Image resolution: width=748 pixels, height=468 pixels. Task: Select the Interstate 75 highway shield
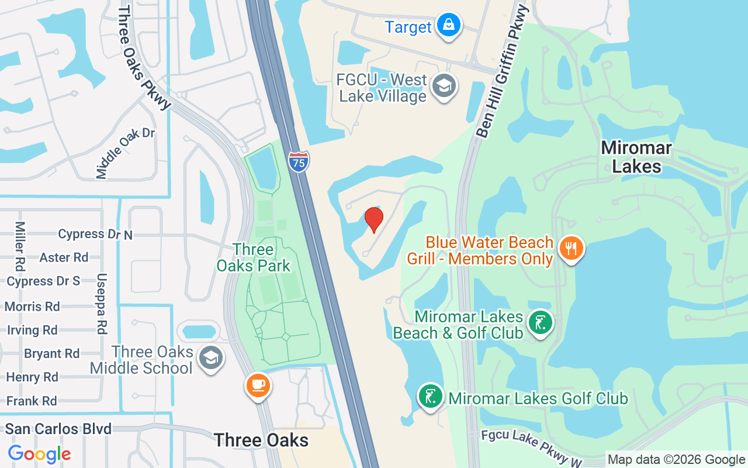[x=299, y=161]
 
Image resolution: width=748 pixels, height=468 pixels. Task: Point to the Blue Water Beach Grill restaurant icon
[x=571, y=249]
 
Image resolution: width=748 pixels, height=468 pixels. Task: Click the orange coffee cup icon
[x=258, y=386]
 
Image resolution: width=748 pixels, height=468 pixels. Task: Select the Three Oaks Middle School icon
[x=210, y=358]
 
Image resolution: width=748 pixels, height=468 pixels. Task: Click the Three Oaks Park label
[x=254, y=257]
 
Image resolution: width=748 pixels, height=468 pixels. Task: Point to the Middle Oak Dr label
[x=125, y=153]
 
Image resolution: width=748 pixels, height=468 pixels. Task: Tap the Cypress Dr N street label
[x=95, y=234]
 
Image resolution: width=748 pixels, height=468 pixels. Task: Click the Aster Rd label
[x=64, y=257]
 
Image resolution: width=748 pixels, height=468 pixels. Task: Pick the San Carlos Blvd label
[x=58, y=429]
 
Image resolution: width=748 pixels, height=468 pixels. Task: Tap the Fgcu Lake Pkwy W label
[x=532, y=448]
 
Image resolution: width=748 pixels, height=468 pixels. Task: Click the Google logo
[x=39, y=453]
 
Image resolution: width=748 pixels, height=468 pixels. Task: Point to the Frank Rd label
[x=32, y=401]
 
